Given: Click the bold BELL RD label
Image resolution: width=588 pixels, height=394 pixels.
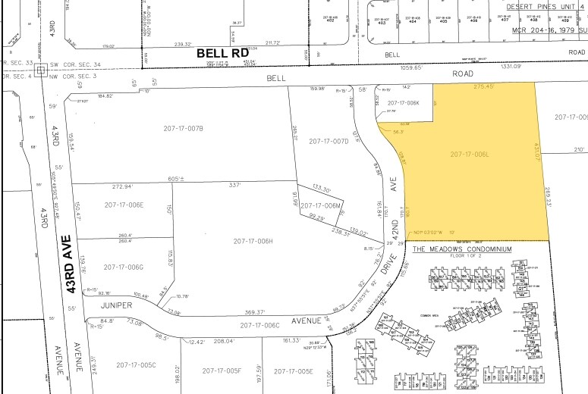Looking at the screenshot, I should [224, 54].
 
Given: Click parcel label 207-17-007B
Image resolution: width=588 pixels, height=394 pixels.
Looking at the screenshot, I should [184, 129].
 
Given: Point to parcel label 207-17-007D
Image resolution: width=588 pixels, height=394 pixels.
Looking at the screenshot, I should [329, 142].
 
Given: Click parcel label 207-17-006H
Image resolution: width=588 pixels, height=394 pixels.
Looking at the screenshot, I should [254, 241].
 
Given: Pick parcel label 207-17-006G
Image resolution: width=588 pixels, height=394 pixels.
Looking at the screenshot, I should [124, 267].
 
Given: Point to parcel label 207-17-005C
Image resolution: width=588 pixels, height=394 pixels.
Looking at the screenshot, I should [136, 365].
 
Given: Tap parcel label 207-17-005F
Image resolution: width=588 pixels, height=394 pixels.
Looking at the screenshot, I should [222, 371].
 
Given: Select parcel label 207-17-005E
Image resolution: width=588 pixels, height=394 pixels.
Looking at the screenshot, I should [294, 371].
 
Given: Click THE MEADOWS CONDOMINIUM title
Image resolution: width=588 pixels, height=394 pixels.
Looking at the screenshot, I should [461, 249].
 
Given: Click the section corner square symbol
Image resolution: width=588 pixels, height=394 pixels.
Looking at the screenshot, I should [35, 74].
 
